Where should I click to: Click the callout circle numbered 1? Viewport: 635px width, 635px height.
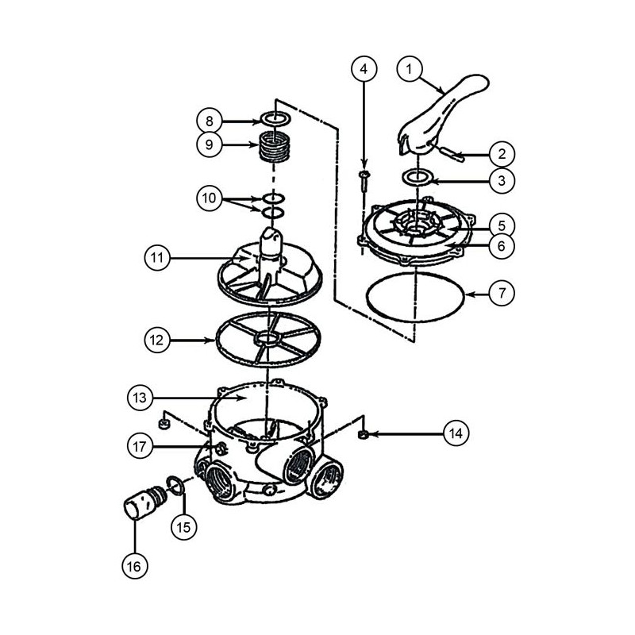coord(410,69)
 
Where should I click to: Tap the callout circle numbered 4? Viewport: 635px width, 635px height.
coord(364,69)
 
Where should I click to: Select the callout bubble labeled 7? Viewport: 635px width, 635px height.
coord(502,293)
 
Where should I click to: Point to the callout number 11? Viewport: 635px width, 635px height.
coord(157,258)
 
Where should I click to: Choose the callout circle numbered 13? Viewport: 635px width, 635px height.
coord(140,398)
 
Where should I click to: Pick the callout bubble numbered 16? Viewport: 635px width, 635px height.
coord(134,566)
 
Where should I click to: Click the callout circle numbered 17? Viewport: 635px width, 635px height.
coord(140,446)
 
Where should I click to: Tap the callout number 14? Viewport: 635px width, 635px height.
coord(456,433)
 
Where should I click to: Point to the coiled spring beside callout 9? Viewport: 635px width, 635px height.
coord(274,146)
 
